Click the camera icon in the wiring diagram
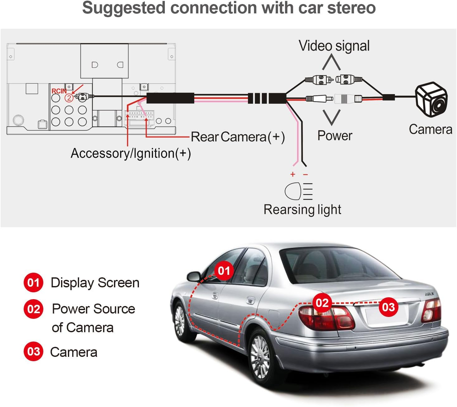[431, 99]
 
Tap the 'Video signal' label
[334, 46]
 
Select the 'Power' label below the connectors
[335, 136]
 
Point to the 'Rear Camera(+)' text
[237, 137]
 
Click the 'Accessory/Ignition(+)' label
[131, 153]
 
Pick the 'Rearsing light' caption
[302, 209]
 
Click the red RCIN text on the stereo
[59, 91]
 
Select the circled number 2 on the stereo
[69, 98]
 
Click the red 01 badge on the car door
[224, 271]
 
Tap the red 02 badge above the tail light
[322, 303]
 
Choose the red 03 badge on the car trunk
[388, 307]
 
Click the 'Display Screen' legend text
[95, 283]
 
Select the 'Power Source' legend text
[93, 309]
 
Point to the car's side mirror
[193, 276]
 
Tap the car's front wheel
[181, 321]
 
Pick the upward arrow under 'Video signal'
[331, 62]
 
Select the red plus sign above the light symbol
[293, 174]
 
